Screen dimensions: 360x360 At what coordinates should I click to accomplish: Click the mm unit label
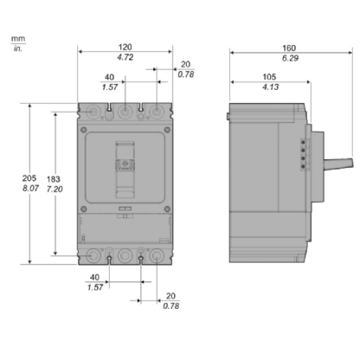tap(16, 38)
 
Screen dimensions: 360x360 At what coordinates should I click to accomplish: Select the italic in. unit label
tap(16, 48)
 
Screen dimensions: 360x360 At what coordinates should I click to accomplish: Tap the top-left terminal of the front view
tap(94, 112)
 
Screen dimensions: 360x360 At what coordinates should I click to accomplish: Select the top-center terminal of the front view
tap(125, 112)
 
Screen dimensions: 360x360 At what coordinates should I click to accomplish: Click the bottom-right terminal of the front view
tap(157, 256)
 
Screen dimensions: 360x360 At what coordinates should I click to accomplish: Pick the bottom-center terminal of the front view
tap(125, 256)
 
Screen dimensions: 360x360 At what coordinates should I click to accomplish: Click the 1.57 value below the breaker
tap(95, 287)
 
